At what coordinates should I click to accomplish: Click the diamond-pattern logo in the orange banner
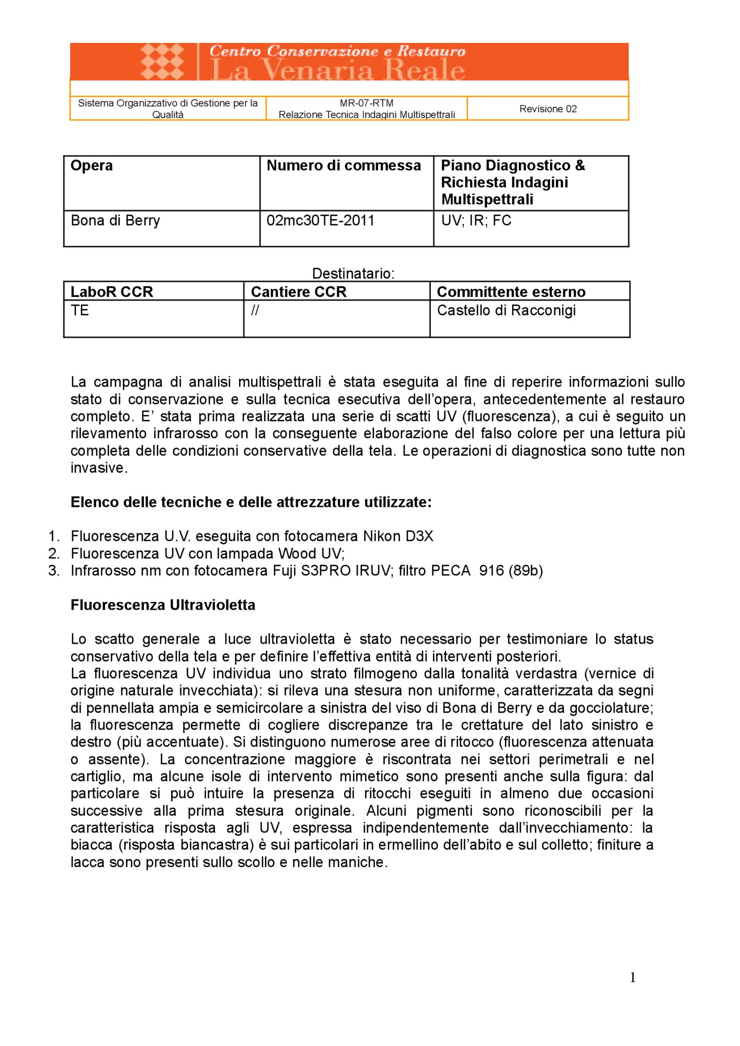(162, 61)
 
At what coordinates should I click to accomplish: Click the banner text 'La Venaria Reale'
(337, 70)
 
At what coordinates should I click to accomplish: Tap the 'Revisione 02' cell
(548, 109)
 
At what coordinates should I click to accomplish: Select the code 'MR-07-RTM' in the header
(366, 103)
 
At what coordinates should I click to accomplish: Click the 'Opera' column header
(92, 166)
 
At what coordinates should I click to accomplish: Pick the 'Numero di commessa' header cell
(344, 166)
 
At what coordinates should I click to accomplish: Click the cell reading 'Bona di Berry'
(115, 221)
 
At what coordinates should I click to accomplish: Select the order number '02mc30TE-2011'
(320, 221)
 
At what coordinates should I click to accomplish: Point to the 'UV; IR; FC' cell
(476, 221)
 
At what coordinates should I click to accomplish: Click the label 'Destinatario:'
(353, 274)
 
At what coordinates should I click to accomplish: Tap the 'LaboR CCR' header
(111, 292)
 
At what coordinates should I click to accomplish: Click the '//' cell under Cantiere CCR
(255, 311)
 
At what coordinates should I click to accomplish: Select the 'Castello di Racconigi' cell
(506, 311)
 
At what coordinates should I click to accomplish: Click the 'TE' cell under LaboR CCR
(79, 311)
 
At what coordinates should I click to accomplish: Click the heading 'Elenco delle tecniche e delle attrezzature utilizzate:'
(251, 502)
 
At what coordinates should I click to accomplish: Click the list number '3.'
(54, 571)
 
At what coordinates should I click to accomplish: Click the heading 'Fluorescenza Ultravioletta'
(163, 605)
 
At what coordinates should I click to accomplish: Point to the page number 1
(632, 977)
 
